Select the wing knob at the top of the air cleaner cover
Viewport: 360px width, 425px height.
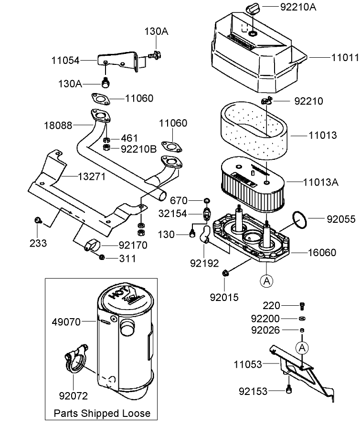coord(252,8)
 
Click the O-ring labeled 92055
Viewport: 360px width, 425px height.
coord(300,219)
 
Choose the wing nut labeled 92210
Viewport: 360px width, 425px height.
coord(266,101)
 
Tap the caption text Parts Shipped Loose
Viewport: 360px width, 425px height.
coord(102,413)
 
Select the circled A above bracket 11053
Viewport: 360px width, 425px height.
coord(301,348)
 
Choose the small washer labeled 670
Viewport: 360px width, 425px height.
coord(206,199)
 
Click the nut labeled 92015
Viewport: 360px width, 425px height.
coord(226,273)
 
